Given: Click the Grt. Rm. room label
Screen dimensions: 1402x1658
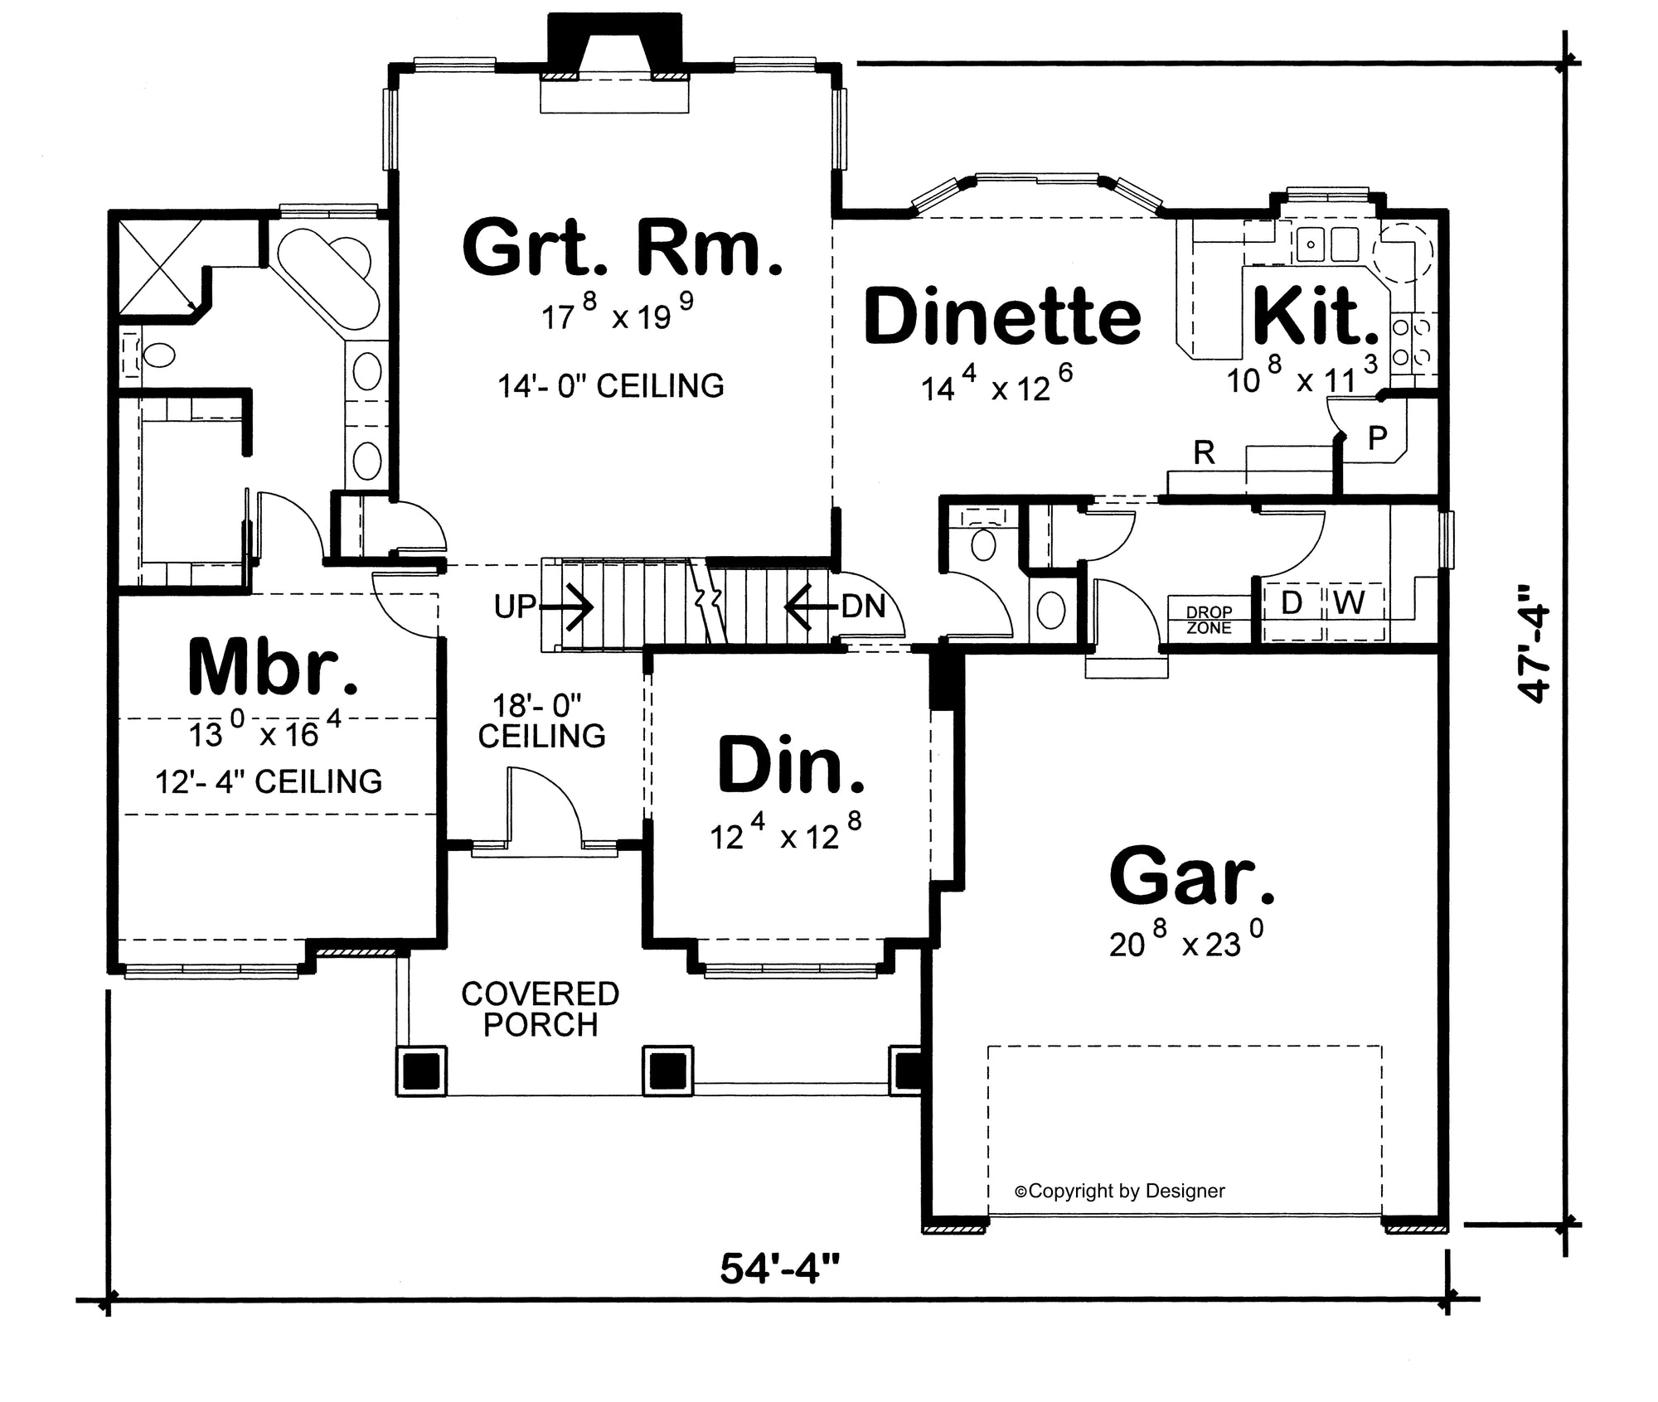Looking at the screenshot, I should [622, 247].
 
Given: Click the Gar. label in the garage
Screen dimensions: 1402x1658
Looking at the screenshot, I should [1191, 876].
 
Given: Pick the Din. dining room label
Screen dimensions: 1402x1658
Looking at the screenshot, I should [791, 764].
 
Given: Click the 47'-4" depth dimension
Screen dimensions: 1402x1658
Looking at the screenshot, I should [1534, 655].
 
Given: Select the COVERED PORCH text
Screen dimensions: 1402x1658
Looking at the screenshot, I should [541, 1009].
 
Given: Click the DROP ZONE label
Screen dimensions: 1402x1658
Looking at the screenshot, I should [1209, 620].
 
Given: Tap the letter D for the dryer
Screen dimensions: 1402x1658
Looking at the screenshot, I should [1292, 603].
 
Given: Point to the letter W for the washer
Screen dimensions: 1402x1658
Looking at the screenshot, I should [1350, 603].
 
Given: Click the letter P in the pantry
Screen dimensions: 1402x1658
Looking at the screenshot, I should [1377, 438].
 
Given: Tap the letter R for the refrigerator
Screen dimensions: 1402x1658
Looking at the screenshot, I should [1204, 452].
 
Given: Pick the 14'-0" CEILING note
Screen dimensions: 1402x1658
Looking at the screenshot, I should [611, 386].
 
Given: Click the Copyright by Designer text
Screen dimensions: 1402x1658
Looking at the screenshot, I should [1119, 1191].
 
